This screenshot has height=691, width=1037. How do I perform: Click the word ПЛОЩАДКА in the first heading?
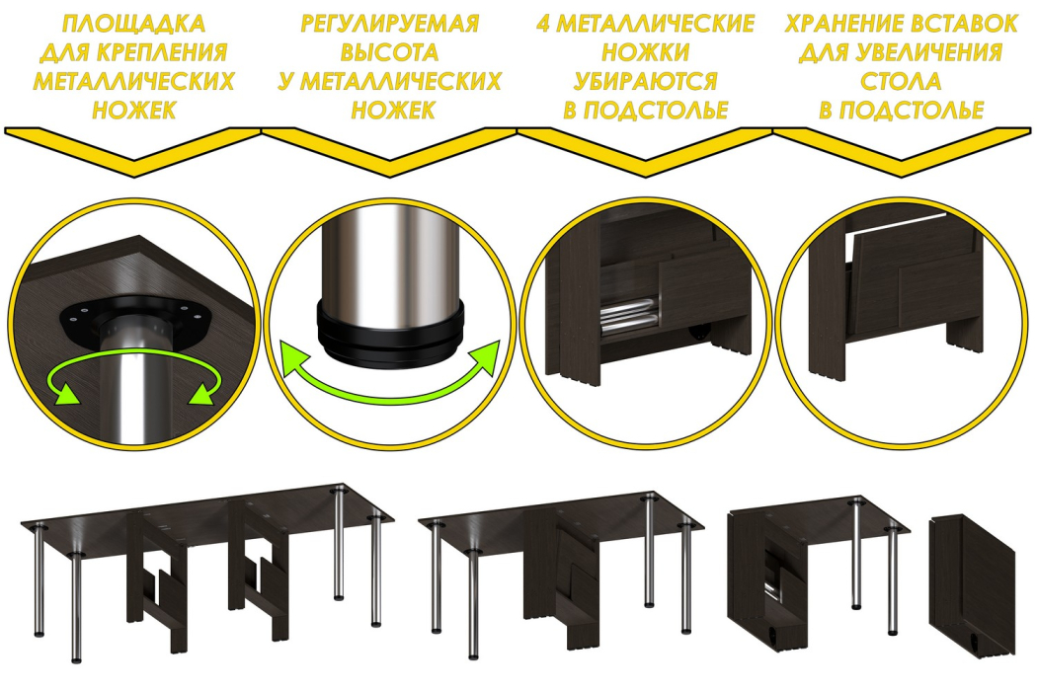[x=133, y=24]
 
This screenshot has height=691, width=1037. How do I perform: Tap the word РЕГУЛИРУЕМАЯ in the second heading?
[x=389, y=24]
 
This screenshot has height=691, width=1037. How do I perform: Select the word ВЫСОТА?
[x=389, y=52]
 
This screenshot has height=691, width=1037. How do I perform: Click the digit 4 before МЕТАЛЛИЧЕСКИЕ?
[x=543, y=24]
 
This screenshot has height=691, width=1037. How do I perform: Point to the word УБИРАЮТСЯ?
[x=646, y=81]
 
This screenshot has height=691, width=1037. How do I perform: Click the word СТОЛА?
[x=901, y=81]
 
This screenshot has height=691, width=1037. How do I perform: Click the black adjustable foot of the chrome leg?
[x=389, y=331]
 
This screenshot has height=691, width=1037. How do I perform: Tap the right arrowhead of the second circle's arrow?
[x=486, y=357]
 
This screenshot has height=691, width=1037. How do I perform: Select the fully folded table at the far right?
[x=972, y=584]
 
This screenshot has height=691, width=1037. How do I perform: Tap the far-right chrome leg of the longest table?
[x=376, y=570]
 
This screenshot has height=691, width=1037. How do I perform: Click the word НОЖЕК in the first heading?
[x=133, y=110]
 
